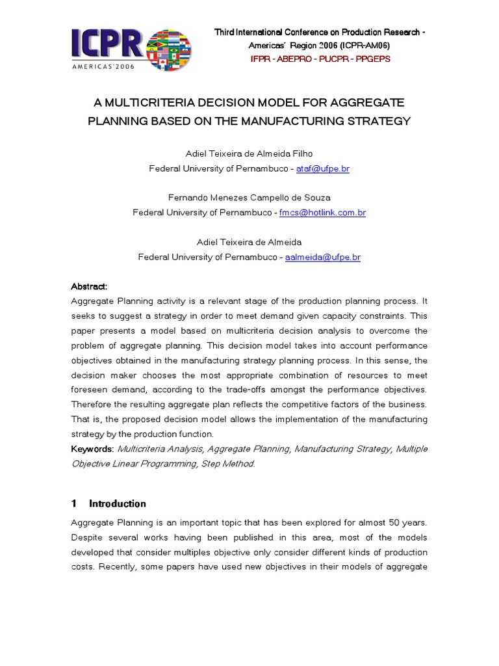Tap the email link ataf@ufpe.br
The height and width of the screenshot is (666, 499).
click(322, 168)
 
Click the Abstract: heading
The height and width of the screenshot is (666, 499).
click(89, 287)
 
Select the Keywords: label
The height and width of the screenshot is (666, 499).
click(92, 449)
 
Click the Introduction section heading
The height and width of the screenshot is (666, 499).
click(117, 503)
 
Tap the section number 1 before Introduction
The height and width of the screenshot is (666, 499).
click(74, 503)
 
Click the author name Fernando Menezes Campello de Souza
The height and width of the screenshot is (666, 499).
click(249, 198)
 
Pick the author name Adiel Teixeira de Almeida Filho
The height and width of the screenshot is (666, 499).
click(249, 154)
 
